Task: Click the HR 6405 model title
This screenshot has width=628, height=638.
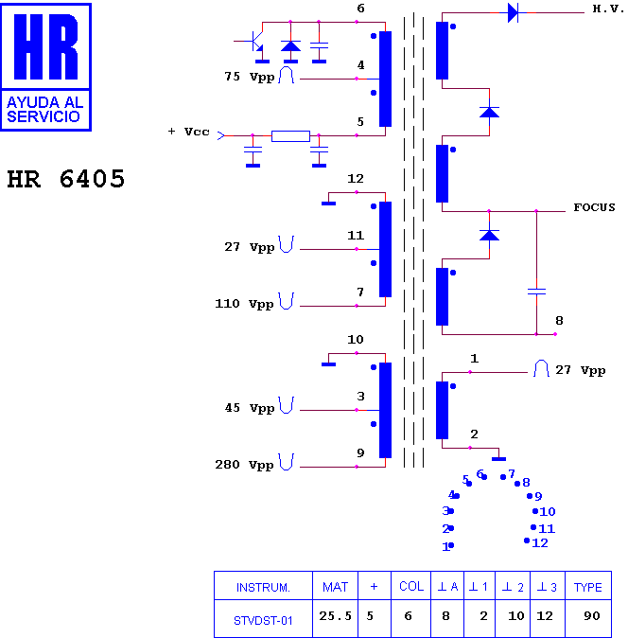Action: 66,179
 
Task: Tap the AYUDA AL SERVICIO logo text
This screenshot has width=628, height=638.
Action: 44,110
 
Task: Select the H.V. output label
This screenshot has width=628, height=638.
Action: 608,9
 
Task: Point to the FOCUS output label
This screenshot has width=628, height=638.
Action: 594,207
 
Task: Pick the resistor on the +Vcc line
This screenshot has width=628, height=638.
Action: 290,136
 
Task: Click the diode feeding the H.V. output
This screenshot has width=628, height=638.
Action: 513,12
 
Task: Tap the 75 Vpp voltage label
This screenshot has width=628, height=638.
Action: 250,77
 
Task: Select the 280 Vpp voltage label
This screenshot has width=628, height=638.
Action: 244,465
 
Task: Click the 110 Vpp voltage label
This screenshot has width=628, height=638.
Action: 244,304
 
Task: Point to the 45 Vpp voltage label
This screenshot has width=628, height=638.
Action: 250,408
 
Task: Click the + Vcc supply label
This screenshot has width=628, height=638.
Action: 188,132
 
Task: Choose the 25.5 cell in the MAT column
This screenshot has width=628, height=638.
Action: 335,616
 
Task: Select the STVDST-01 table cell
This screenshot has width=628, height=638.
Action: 263,621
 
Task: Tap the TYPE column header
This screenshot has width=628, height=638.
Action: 587,587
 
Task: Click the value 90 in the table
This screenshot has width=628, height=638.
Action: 592,616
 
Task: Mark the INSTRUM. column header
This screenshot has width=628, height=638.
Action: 263,588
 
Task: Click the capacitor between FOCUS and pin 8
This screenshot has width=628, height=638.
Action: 536,292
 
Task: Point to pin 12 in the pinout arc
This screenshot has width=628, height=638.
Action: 536,542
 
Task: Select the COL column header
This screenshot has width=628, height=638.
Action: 411,586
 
